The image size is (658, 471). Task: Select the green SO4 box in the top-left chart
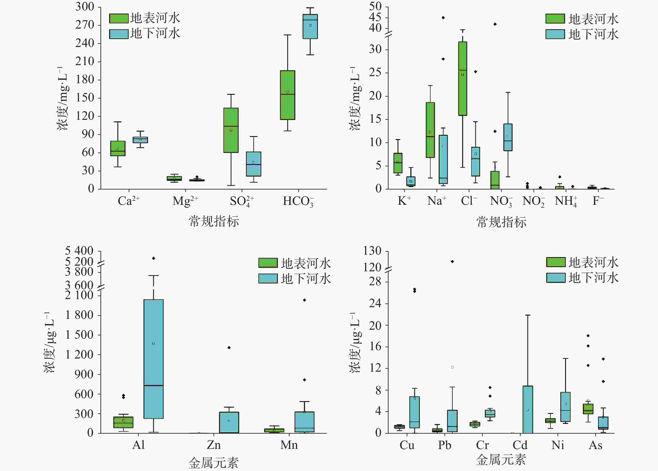(231, 130)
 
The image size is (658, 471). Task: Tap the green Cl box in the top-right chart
(462, 78)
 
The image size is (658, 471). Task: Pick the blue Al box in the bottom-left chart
(154, 359)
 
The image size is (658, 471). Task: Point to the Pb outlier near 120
(452, 261)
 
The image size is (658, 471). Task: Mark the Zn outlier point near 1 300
(229, 347)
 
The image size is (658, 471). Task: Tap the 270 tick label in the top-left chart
(85, 25)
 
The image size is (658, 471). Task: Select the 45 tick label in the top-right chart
(375, 17)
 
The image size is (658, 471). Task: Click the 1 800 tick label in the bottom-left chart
(79, 315)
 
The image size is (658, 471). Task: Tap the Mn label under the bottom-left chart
(289, 445)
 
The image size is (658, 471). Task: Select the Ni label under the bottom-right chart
(558, 445)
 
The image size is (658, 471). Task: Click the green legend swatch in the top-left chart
(119, 18)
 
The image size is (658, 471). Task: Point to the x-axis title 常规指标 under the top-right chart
(501, 222)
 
